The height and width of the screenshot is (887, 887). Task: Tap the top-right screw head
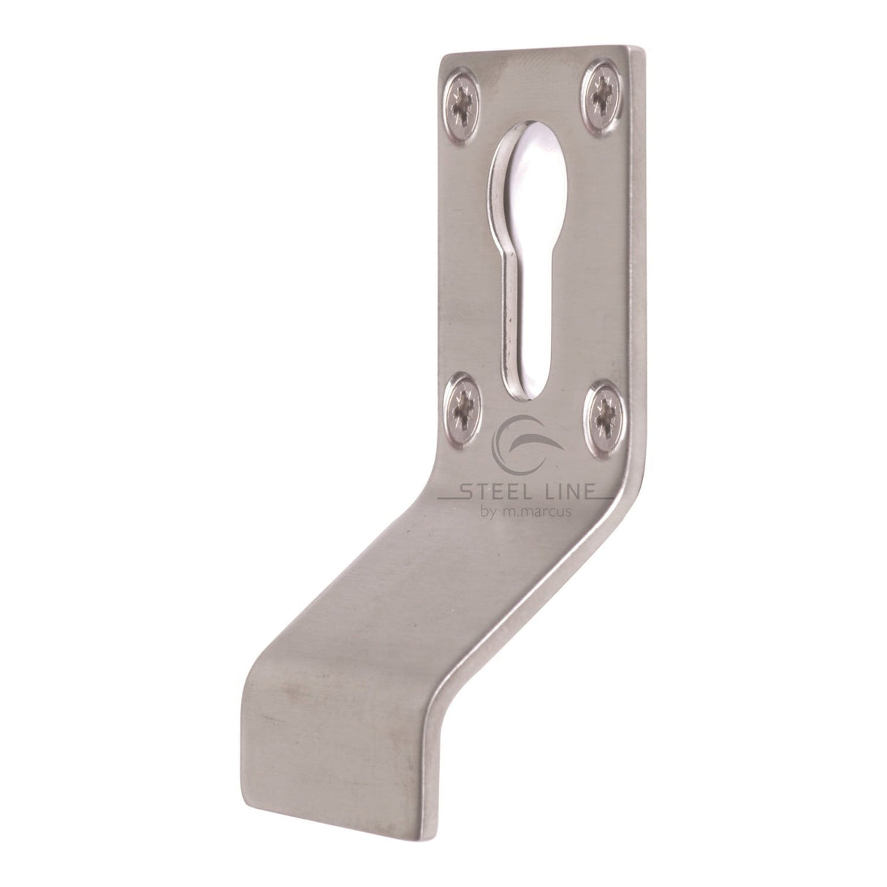[x=604, y=95]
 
